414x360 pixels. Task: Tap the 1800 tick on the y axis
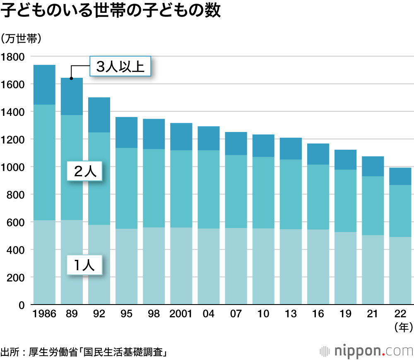pos(13,57)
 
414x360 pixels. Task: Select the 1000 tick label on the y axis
pos(13,167)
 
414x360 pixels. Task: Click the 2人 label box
pos(85,171)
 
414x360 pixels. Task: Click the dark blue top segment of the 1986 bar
pos(44,85)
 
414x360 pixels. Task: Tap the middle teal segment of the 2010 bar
pos(263,192)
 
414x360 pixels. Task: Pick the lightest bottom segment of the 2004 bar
pos(208,266)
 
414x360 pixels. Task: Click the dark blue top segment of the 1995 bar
pos(126,132)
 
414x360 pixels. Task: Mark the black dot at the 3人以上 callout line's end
pos(71,78)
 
